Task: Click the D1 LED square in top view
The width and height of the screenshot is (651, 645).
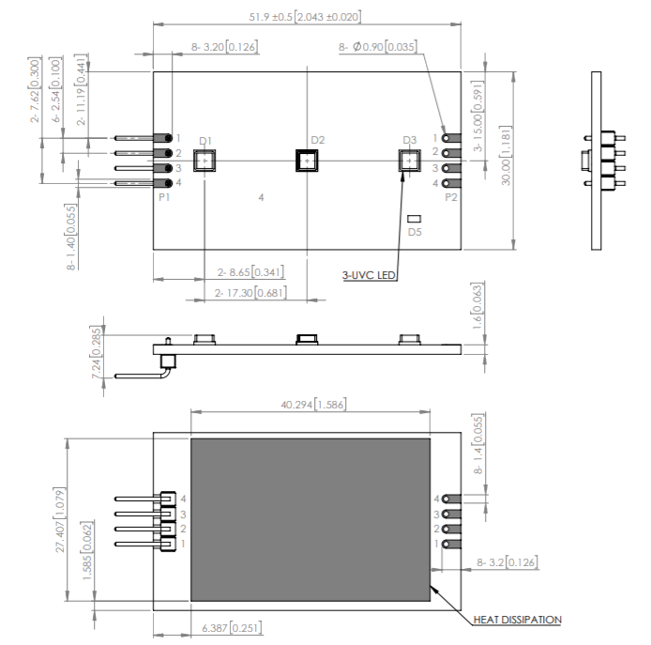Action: click(204, 161)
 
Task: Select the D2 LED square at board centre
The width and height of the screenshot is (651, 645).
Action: click(307, 161)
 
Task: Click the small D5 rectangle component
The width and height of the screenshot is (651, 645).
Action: click(415, 220)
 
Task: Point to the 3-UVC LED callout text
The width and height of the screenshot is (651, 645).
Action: click(371, 275)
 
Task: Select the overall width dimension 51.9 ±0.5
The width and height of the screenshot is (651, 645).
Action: click(305, 17)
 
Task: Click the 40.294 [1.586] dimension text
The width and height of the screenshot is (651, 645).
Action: click(310, 404)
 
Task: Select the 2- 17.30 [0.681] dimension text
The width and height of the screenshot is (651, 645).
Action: click(250, 293)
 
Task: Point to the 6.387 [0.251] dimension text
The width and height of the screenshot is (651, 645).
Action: click(230, 627)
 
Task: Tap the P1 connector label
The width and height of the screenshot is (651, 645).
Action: click(164, 198)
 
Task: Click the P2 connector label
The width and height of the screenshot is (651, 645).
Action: click(450, 198)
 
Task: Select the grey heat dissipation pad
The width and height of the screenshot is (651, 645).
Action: click(310, 519)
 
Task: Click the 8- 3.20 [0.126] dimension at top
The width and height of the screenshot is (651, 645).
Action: click(224, 46)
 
